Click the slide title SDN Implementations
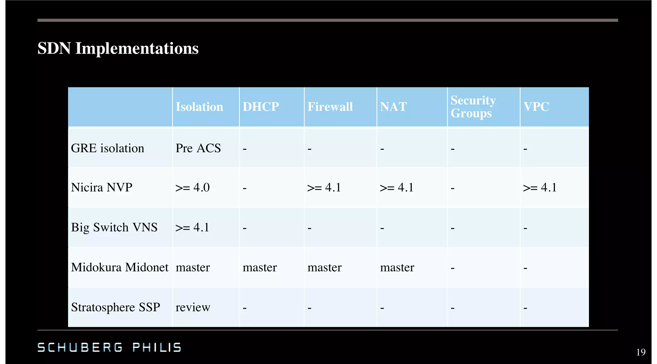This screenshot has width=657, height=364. point(118,49)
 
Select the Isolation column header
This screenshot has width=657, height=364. point(199,107)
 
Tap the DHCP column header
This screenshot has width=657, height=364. point(260,107)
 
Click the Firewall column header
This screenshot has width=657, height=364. point(330,107)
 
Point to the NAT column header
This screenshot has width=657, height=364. point(393,107)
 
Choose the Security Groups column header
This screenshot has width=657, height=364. point(473,107)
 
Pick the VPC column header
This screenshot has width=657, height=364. point(536,107)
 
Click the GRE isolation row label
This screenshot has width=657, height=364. point(107,148)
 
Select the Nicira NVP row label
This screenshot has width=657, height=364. point(102,187)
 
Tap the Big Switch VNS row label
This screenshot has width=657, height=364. point(114,227)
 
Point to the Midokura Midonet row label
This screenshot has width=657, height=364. point(120,267)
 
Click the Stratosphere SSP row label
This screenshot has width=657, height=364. point(115,307)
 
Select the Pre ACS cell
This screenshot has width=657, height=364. point(198,148)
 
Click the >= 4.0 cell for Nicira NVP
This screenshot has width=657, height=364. point(192,187)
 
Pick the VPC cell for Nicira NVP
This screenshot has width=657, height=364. point(540,187)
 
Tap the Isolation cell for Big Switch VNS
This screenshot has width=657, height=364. point(192,227)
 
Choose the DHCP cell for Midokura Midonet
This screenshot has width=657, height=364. point(260,267)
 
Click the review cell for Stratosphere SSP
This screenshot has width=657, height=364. point(193,307)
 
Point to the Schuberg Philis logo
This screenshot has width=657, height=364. point(109,347)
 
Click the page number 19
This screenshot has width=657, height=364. point(641,352)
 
